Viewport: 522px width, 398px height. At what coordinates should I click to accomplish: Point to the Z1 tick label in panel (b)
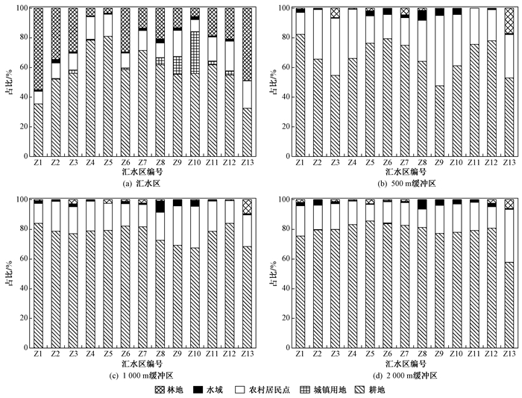tap(300, 161)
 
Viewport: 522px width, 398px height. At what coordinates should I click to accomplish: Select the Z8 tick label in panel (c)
tap(160, 352)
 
